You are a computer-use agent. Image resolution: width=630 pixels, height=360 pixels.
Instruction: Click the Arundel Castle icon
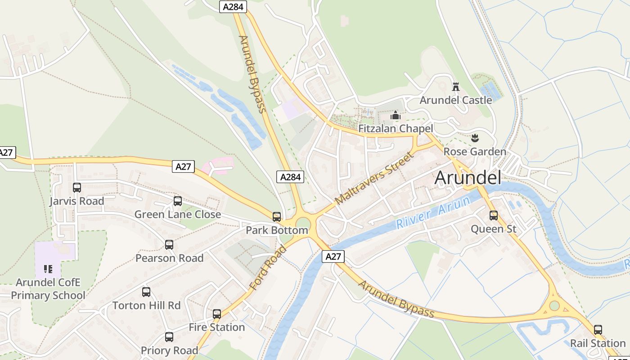(x=455, y=86)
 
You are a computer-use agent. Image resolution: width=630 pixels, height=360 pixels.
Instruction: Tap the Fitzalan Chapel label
(x=396, y=129)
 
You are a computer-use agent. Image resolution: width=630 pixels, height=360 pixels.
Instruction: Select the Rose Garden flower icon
(x=474, y=138)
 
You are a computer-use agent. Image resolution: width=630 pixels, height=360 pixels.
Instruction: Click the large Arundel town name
(x=468, y=178)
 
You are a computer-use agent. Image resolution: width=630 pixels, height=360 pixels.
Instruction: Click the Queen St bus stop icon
(x=494, y=216)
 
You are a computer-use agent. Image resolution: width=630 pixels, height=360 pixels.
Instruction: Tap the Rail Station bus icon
(x=598, y=330)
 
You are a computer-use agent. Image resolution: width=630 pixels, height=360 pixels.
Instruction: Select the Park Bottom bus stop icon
(x=277, y=217)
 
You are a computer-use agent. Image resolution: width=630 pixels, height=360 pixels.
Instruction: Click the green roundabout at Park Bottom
(x=303, y=224)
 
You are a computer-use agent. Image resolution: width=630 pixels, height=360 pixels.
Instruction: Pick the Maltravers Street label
(x=374, y=178)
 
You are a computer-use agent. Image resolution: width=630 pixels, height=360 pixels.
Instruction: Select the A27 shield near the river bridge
(x=333, y=256)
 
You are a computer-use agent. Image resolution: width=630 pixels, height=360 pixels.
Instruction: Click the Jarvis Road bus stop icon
(x=77, y=188)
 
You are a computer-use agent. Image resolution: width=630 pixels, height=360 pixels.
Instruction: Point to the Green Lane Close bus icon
(x=178, y=201)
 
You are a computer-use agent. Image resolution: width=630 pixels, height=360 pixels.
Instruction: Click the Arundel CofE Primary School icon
(x=48, y=269)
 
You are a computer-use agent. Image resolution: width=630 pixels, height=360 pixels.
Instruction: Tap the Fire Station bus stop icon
(x=217, y=314)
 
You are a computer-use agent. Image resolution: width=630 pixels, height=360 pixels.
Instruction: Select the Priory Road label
(x=169, y=351)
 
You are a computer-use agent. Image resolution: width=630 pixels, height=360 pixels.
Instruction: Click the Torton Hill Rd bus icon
(x=146, y=292)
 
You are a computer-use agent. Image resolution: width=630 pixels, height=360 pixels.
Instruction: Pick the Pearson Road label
(x=169, y=258)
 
